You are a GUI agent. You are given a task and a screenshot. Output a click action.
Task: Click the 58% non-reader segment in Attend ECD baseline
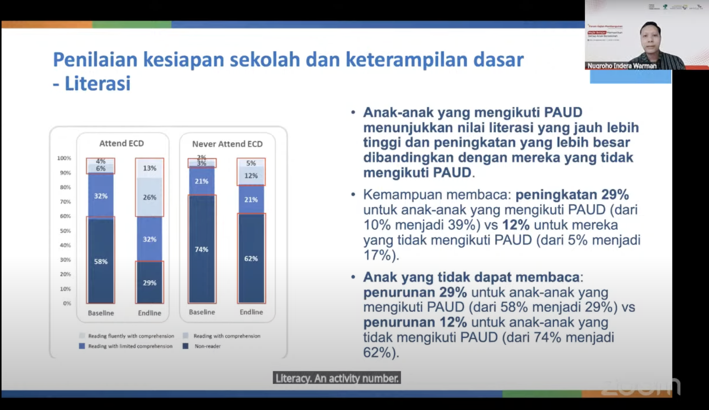coord(101,261)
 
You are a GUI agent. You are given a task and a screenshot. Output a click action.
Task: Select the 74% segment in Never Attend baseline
coord(202,249)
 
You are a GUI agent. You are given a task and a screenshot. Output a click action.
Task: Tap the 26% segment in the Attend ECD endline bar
coord(149,197)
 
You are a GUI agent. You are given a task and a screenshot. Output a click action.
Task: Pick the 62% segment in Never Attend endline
coord(251,258)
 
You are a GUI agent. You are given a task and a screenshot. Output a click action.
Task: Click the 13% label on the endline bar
coord(149,168)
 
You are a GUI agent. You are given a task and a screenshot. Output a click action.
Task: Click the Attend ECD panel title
coord(122,143)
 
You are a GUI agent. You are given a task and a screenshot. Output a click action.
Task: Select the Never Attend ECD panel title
coord(227,144)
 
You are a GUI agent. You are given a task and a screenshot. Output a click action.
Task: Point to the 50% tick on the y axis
coord(65,231)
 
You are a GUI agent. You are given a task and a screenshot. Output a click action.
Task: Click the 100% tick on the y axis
coord(64,158)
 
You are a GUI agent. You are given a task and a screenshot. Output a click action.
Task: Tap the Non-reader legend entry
coord(207,346)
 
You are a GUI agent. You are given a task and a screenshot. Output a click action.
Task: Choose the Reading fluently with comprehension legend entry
coord(131,336)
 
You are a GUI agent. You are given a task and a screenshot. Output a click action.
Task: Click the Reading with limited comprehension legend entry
coord(130,346)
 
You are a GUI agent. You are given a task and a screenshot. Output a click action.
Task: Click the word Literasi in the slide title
coord(98,83)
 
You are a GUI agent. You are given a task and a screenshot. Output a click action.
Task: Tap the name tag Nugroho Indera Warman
coord(622,66)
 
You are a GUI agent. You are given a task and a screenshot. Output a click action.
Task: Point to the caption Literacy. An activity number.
coord(337,378)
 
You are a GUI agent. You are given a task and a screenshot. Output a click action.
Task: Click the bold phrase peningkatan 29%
coord(572,194)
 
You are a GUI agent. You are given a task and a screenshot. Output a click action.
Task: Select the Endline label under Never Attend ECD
coord(251,312)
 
